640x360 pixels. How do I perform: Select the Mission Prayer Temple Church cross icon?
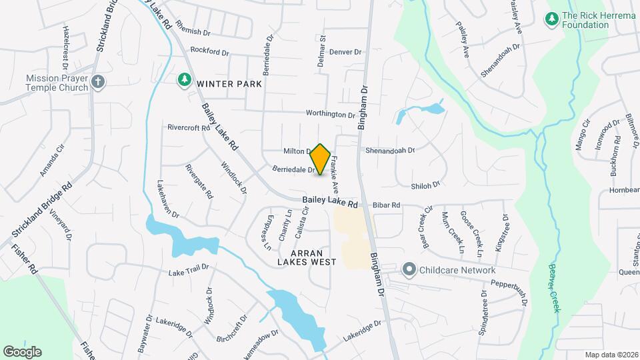[x=97, y=83]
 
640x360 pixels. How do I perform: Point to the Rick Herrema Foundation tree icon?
[x=551, y=19]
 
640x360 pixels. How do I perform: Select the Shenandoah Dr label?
[x=390, y=151]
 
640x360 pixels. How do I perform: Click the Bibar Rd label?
[x=386, y=205]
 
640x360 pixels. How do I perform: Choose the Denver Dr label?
[x=345, y=52]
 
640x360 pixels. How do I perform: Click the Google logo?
[x=22, y=352]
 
